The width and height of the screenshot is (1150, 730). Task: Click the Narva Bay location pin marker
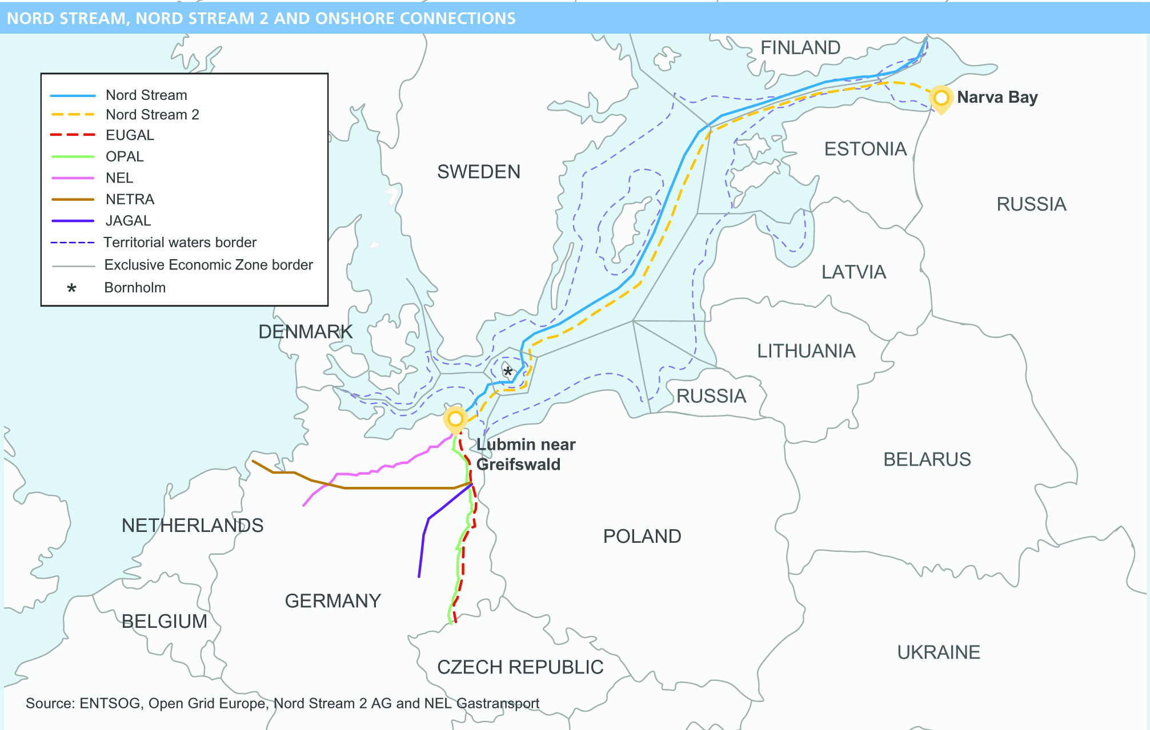pos(941,98)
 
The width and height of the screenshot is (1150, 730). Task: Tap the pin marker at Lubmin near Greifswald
pos(455,420)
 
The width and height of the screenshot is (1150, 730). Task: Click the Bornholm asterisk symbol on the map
pos(508,372)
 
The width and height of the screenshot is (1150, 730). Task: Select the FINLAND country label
pos(800,48)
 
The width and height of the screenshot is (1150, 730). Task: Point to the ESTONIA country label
pos(865,150)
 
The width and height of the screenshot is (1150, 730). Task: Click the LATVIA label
pos(854,272)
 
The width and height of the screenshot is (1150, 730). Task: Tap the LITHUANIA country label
pos(806,351)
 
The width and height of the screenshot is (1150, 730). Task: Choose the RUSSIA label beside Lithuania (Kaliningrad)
pos(711,396)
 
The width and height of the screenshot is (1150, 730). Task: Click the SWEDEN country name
pos(478,172)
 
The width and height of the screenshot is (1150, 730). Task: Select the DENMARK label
pos(305,332)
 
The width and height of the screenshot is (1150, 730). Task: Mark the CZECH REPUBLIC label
pos(520,667)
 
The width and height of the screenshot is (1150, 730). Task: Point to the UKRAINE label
pos(938,652)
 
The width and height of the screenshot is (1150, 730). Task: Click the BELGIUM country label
pos(164,622)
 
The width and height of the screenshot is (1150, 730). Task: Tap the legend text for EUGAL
pos(130,135)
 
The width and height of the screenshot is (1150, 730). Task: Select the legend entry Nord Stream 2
pos(152,115)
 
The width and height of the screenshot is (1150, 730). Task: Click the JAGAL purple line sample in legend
pos(73,221)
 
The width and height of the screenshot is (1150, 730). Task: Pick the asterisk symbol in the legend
pos(71,289)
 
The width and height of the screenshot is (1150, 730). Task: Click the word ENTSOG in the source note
pos(110,703)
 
